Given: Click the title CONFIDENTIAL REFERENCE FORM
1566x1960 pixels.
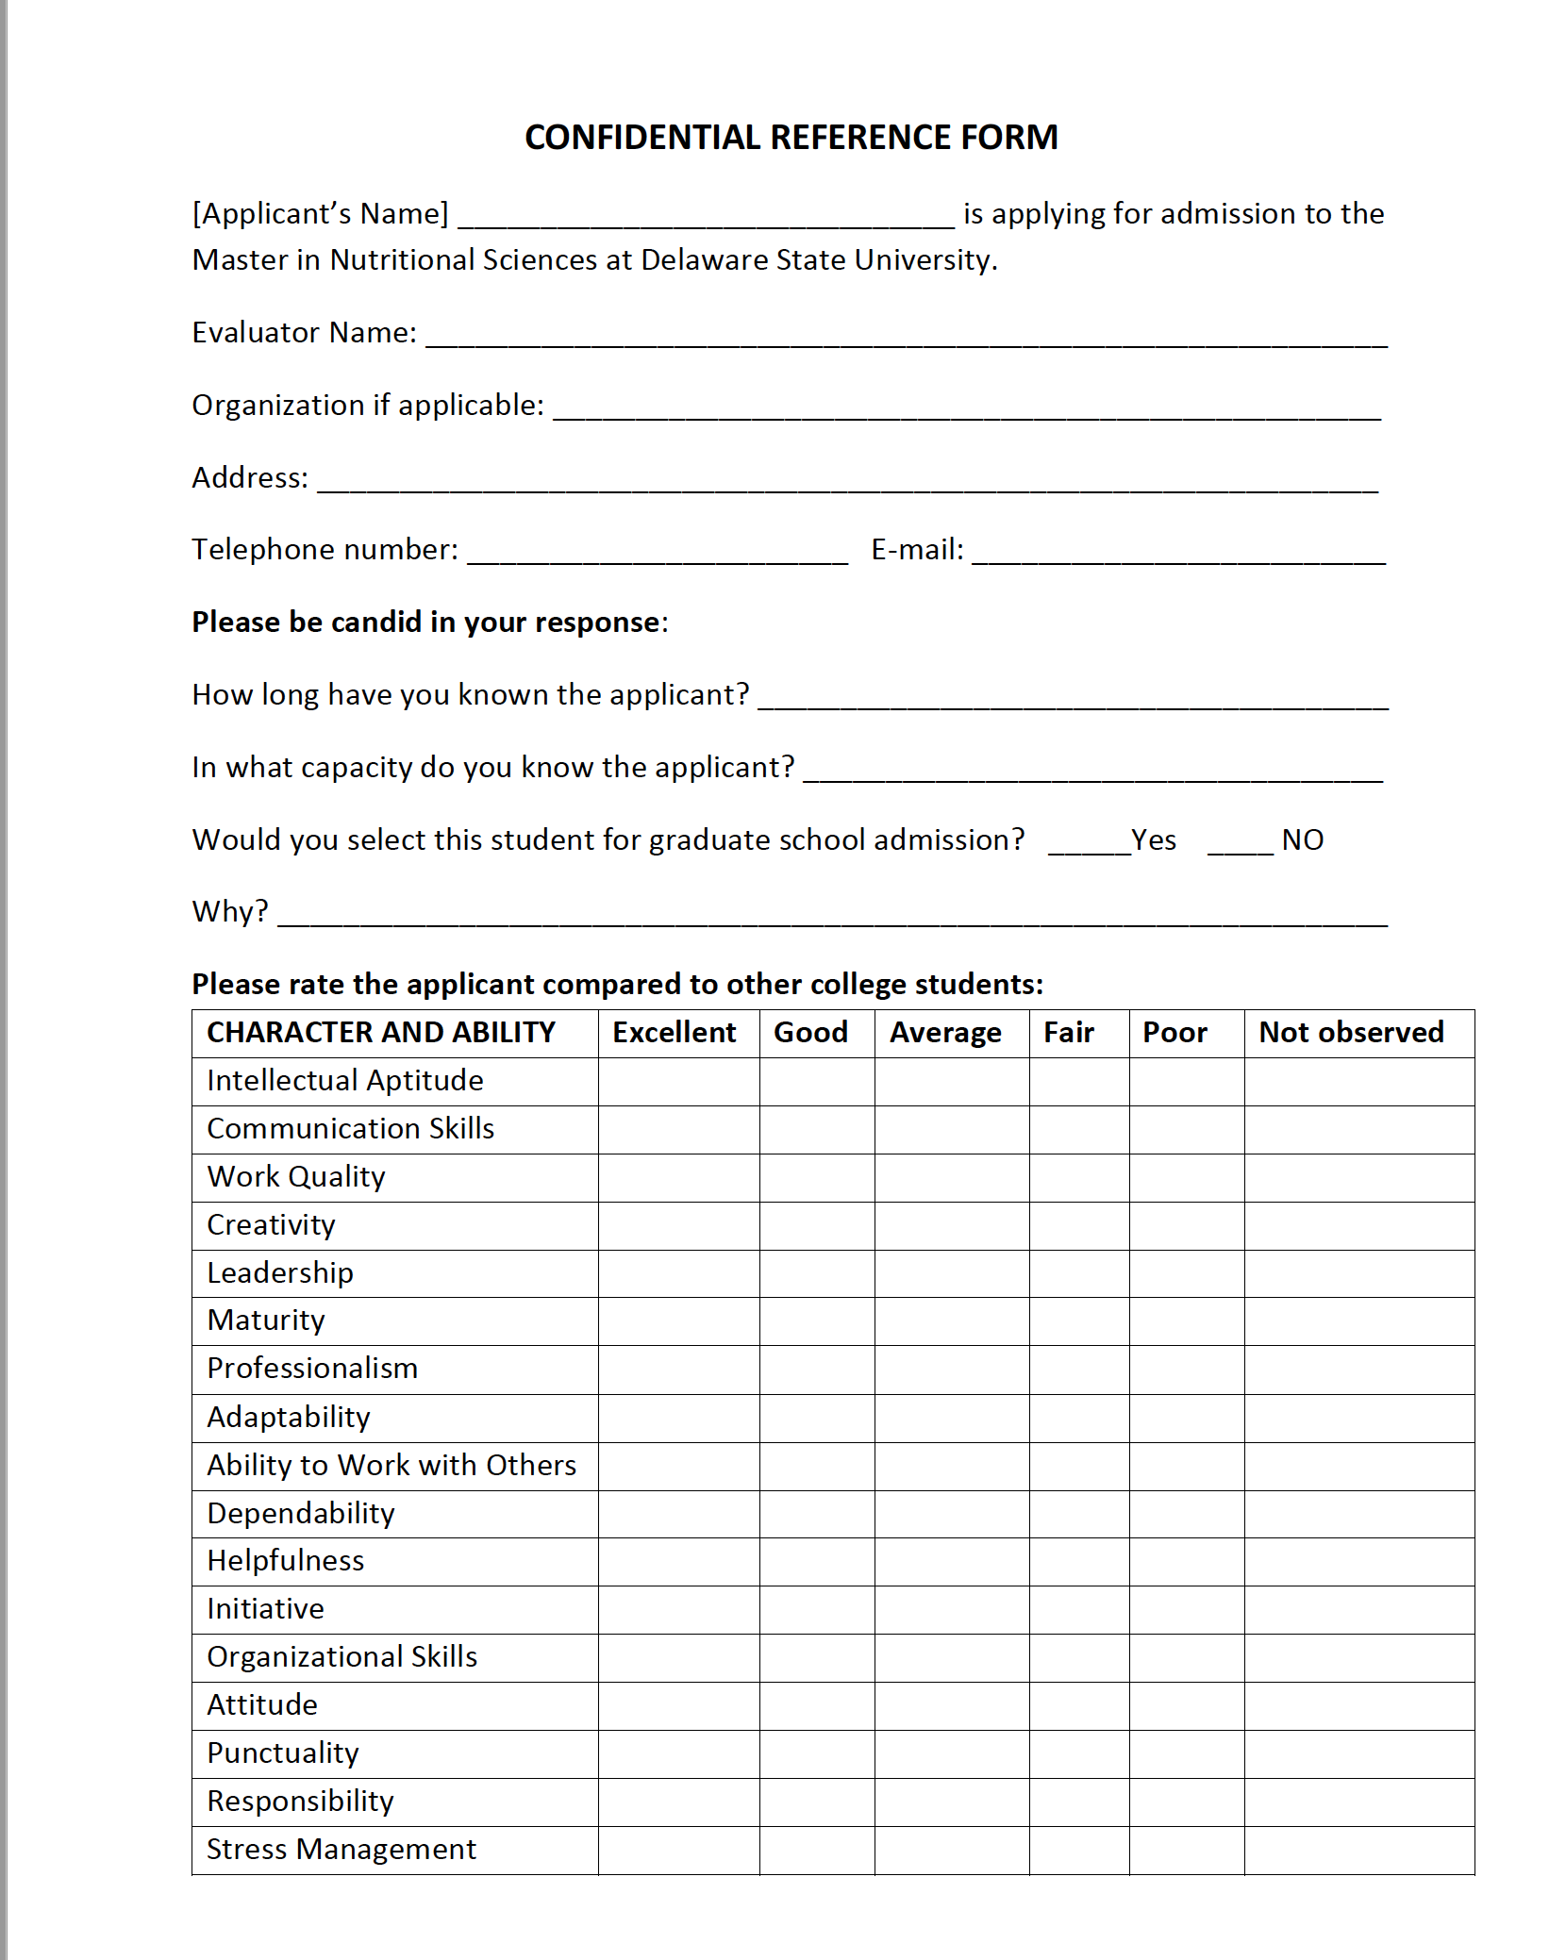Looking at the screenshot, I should tap(791, 138).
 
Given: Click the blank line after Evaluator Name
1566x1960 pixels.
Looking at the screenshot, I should tap(906, 340).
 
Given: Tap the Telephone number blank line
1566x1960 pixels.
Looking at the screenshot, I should tap(658, 556).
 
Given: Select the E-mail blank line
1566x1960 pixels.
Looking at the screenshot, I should tap(1178, 556).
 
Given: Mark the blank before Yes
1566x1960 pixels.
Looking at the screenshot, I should tap(1089, 846).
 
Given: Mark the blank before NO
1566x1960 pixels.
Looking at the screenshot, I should tap(1240, 846).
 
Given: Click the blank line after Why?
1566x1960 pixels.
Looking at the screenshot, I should tap(832, 919).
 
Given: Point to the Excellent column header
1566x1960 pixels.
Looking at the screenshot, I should tap(674, 1033).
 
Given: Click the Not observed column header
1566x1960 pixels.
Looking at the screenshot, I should tap(1351, 1033).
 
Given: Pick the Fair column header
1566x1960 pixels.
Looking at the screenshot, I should tap(1069, 1033).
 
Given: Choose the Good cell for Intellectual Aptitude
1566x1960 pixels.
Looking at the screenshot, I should tap(817, 1081).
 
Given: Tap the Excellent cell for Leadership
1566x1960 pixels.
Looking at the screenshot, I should tap(678, 1273).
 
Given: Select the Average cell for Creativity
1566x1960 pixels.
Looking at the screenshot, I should tap(951, 1225).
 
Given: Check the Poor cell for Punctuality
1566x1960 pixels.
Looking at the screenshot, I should tap(1186, 1753).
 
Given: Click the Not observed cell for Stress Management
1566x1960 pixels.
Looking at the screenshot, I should tap(1358, 1850).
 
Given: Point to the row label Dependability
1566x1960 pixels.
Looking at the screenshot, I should tap(301, 1513).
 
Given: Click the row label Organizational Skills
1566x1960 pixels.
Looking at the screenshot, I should tap(342, 1657).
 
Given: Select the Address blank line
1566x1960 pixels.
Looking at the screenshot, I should tap(847, 485).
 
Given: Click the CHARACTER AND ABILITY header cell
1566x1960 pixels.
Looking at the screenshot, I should tap(381, 1033).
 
